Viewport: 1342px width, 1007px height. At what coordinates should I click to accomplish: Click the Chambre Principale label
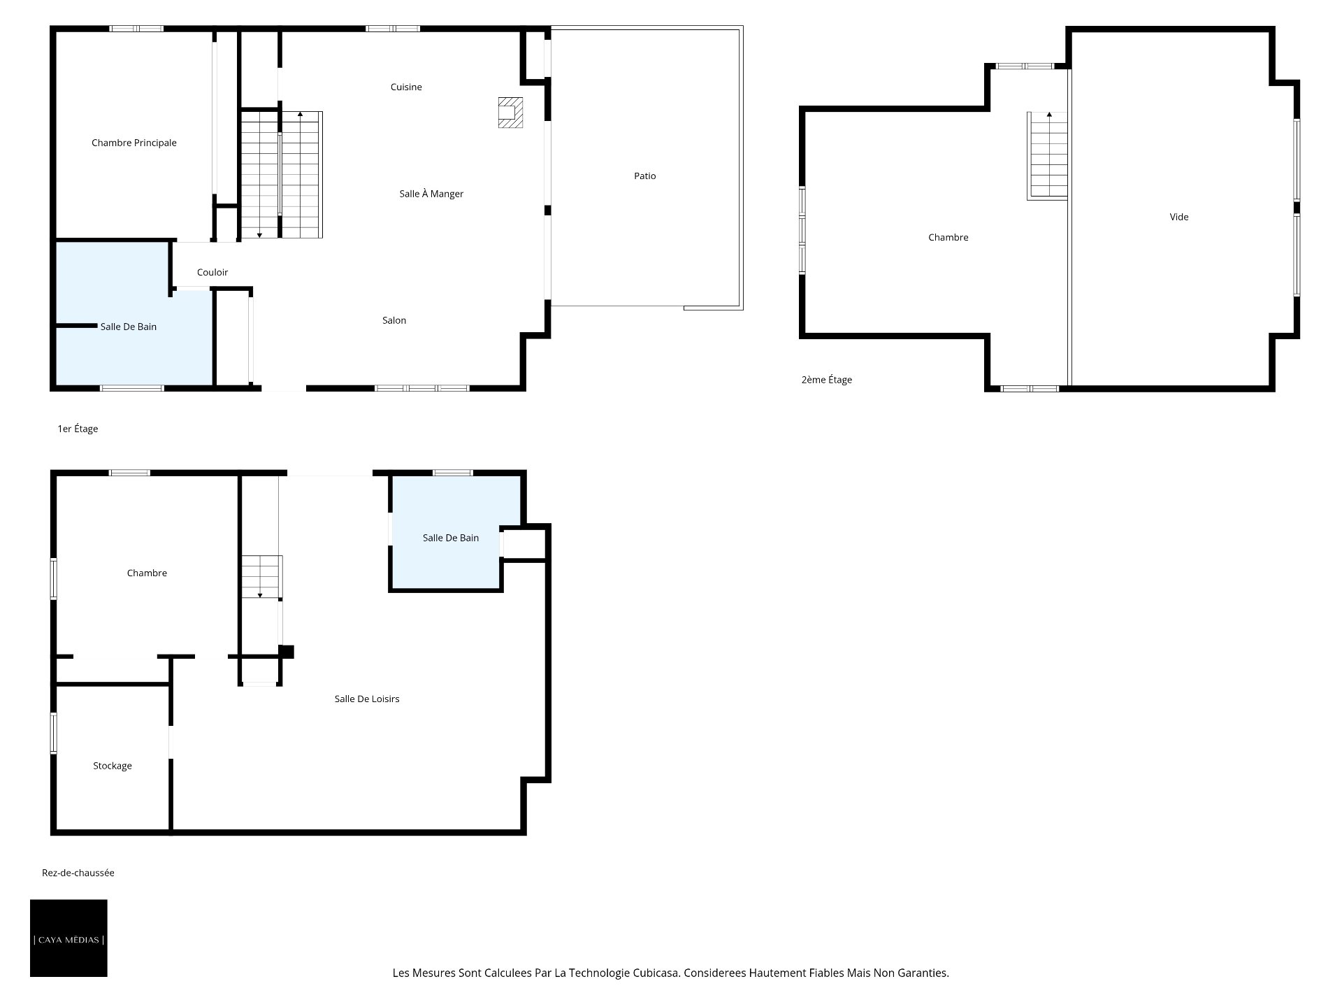click(134, 143)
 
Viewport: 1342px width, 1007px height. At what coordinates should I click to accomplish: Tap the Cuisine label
click(406, 87)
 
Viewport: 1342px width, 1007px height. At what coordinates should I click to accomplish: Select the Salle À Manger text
click(431, 194)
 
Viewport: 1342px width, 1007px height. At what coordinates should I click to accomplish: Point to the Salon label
click(394, 320)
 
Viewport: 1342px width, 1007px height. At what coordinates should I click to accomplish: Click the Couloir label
click(212, 272)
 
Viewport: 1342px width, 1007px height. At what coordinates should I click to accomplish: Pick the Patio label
click(645, 176)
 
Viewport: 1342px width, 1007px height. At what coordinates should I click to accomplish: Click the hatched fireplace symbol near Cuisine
click(510, 112)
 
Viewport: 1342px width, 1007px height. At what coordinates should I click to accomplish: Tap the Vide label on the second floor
click(1179, 217)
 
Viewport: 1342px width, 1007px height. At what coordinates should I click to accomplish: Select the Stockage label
click(113, 766)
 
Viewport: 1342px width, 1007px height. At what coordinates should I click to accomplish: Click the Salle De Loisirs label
click(367, 699)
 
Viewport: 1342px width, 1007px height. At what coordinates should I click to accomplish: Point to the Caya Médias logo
click(68, 938)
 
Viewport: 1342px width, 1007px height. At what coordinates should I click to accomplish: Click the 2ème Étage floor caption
click(827, 380)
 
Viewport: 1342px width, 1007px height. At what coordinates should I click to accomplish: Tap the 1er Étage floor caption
click(78, 429)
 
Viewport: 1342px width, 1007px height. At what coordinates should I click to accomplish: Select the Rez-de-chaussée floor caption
click(78, 873)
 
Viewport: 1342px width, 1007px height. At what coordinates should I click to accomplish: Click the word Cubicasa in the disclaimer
click(655, 973)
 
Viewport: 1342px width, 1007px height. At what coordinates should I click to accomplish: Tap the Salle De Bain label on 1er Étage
click(129, 327)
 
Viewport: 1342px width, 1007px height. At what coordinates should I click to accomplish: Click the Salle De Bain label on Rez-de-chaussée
click(451, 538)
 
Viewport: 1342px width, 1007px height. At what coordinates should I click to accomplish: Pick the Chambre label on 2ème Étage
click(948, 237)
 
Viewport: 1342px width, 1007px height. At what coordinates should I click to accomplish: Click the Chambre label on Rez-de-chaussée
click(147, 573)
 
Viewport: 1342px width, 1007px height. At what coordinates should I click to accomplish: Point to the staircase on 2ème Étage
click(1048, 155)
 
